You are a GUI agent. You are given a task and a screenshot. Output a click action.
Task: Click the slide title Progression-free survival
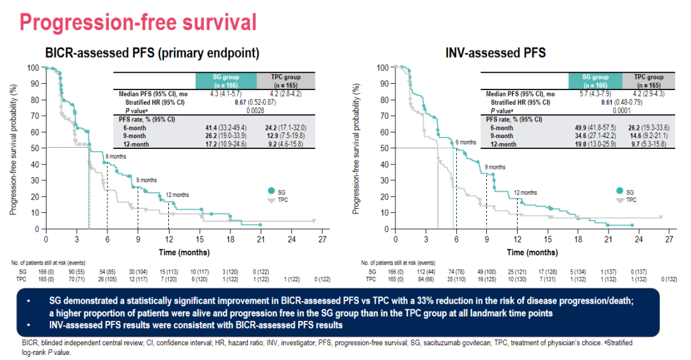[138, 22]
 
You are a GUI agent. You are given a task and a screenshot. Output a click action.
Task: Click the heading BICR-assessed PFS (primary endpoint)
[152, 53]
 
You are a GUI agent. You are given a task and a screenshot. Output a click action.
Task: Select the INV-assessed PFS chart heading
[495, 53]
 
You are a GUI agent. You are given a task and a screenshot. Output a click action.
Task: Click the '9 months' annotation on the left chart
[147, 181]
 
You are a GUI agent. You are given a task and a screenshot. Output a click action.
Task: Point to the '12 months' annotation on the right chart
[525, 192]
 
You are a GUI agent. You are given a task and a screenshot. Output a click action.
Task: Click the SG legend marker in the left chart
[273, 191]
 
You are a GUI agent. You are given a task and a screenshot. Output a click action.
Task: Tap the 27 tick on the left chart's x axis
[323, 239]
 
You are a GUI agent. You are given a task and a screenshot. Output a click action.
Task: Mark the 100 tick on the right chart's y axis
[383, 67]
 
